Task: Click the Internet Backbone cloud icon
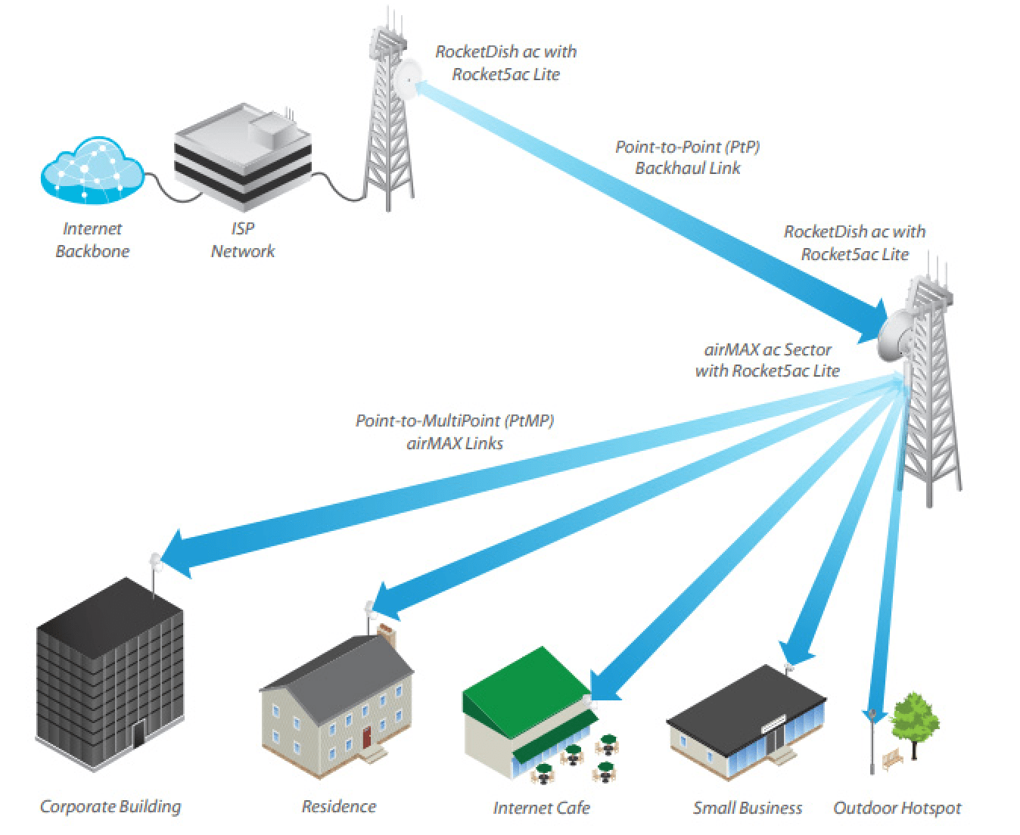tap(92, 169)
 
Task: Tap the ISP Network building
tap(243, 157)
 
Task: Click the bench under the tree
tap(892, 759)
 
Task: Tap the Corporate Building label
tap(110, 807)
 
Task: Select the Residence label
tap(339, 806)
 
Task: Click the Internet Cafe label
tap(542, 808)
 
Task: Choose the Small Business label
tap(748, 808)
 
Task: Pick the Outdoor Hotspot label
tap(897, 808)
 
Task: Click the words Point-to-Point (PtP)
tap(687, 147)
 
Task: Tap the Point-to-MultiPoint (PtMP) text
tap(455, 421)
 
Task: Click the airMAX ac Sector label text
tap(767, 349)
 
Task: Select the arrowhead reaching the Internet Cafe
tap(605, 685)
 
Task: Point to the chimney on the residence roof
tap(387, 635)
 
